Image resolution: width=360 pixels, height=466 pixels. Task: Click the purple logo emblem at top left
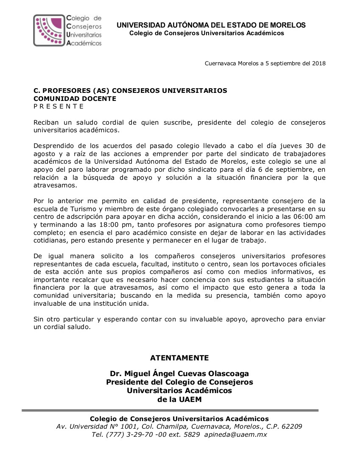tap(49, 30)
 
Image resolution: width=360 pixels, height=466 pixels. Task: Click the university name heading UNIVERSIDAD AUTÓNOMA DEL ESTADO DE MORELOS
tap(211, 25)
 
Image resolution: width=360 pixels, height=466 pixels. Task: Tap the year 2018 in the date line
tap(318, 64)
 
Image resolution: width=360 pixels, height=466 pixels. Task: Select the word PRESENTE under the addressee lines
tap(59, 106)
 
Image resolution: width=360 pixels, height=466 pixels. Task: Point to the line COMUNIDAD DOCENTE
tap(75, 98)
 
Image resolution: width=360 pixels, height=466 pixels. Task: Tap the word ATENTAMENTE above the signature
tap(179, 358)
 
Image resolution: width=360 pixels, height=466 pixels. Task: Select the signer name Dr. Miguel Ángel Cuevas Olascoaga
tap(179, 374)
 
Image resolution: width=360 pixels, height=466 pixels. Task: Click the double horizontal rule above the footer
tap(170, 410)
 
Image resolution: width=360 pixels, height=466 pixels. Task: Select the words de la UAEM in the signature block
tap(179, 399)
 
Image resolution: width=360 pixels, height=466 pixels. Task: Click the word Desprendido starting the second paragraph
tap(53, 146)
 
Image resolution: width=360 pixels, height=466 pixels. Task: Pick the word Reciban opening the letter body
tap(46, 123)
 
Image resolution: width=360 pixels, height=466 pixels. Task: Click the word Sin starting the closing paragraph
tap(39, 320)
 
